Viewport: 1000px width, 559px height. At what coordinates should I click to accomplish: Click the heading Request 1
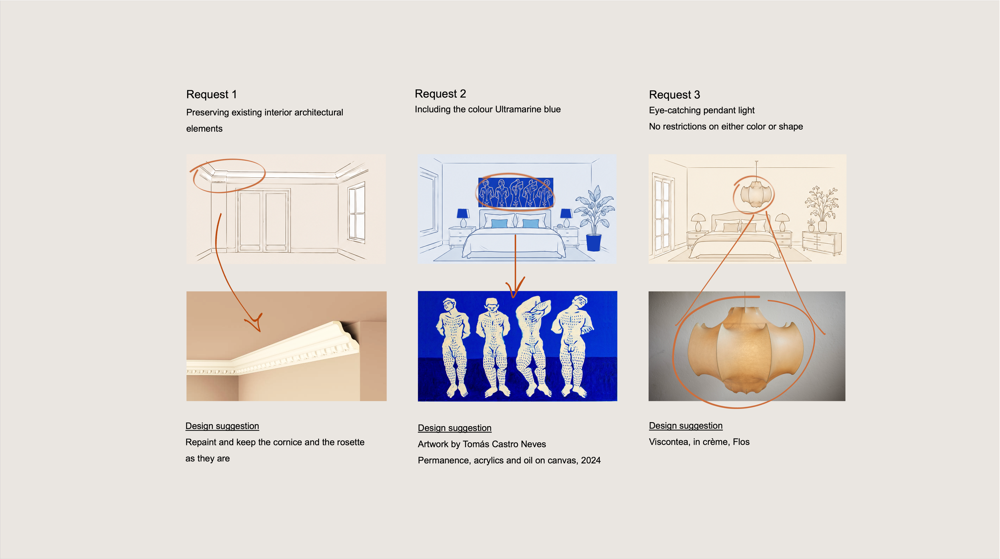[212, 94]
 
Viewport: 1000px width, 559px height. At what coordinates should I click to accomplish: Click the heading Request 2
[440, 94]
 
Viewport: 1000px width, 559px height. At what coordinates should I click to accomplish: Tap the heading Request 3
[674, 95]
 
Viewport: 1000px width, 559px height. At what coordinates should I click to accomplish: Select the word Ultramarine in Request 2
[518, 109]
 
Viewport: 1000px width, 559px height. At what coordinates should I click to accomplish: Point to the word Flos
[741, 442]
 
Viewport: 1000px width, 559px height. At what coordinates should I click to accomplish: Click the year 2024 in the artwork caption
[591, 460]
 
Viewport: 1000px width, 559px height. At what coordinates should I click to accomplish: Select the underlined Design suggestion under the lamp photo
[686, 426]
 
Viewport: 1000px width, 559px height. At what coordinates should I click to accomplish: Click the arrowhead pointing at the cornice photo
[256, 322]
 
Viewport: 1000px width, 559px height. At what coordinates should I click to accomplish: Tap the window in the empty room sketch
[357, 213]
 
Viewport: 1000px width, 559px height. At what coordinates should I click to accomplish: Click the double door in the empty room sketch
[263, 220]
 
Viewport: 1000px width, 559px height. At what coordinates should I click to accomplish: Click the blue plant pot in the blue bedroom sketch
[594, 243]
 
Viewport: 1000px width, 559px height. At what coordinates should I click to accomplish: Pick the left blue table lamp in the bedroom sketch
[463, 218]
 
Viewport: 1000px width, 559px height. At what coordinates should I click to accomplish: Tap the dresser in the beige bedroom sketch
[822, 243]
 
